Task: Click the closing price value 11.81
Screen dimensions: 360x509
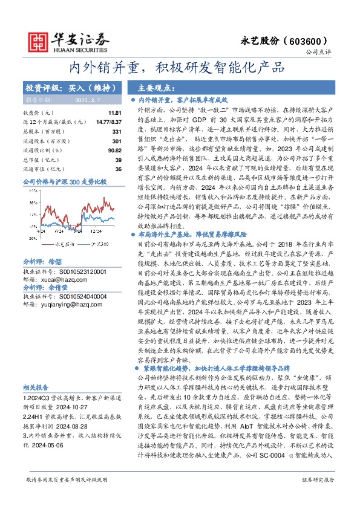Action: [114, 113]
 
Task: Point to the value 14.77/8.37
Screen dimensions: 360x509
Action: [110, 122]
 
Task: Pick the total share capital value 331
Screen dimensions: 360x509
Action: [117, 131]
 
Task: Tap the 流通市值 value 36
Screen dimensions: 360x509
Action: [118, 169]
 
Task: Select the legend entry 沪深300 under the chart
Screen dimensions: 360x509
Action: [99, 244]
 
